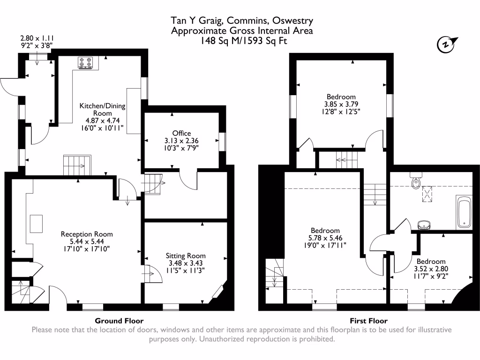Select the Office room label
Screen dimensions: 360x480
click(x=181, y=134)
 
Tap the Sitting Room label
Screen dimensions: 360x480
click(x=186, y=256)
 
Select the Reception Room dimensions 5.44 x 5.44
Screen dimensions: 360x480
click(x=87, y=241)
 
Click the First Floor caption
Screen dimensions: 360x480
click(x=368, y=321)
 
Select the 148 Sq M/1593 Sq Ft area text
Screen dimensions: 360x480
click(x=241, y=41)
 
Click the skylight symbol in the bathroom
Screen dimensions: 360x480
click(x=427, y=193)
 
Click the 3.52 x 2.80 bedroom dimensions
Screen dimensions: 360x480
click(x=431, y=269)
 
